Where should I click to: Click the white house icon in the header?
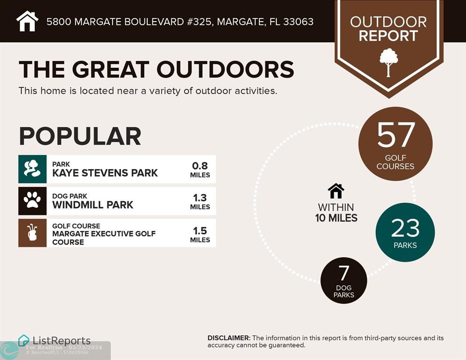(27, 21)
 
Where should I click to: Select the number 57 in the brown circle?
(396, 135)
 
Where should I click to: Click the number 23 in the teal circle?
(405, 228)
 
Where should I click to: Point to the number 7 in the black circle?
(344, 273)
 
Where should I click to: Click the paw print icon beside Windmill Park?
(32, 200)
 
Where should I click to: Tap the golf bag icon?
(32, 233)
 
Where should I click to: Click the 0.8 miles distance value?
(200, 170)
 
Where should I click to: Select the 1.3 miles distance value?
(200, 201)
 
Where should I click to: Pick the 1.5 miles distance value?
(200, 235)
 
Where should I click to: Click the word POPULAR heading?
(80, 136)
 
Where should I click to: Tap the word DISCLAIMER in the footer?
(229, 338)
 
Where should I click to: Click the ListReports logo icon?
(24, 341)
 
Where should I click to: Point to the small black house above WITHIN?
(336, 191)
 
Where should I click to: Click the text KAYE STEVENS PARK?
(105, 173)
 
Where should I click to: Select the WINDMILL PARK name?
(93, 205)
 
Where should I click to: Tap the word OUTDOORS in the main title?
(225, 69)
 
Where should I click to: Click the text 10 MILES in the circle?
(336, 218)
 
